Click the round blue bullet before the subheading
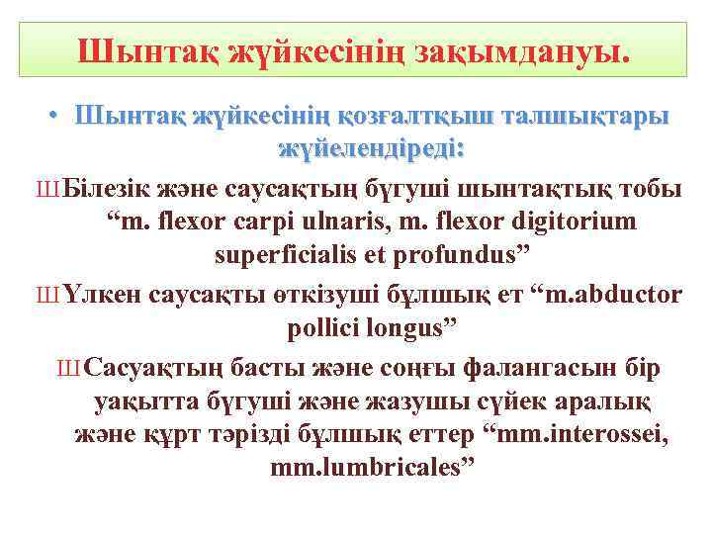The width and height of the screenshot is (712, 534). pos(58,116)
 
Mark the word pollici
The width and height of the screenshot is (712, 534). pos(321,328)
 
